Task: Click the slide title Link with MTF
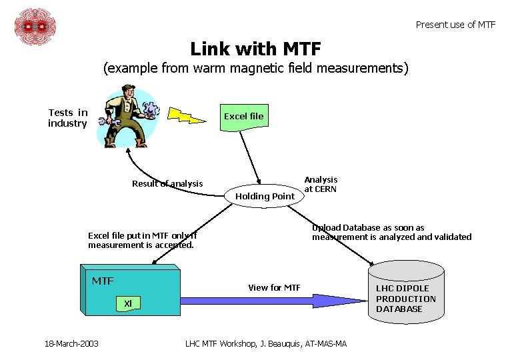coord(255,49)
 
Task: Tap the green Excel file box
coord(244,117)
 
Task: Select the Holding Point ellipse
coord(265,195)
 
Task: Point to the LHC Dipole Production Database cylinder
coord(405,293)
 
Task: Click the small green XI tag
coord(127,303)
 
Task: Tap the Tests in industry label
coord(68,118)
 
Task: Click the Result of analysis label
coord(167,184)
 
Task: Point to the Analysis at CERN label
coord(321,184)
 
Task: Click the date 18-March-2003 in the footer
coord(71,343)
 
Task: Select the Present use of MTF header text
coord(455,25)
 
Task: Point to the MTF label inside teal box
coord(103,281)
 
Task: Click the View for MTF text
coord(274,287)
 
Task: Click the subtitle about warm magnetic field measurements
coord(255,68)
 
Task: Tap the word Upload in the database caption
coord(325,227)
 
